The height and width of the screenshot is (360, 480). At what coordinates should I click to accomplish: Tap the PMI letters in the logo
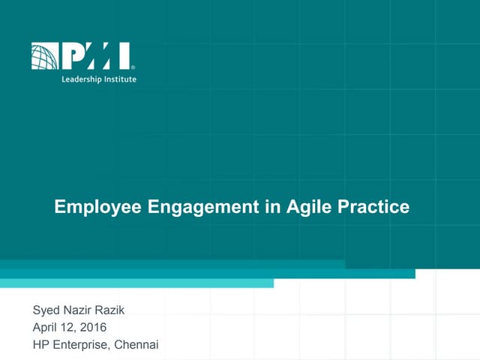95,56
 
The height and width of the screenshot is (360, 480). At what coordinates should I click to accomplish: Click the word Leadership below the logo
80,79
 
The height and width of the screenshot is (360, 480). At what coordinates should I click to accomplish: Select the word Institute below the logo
121,79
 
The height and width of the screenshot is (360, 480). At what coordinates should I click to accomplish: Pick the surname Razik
117,310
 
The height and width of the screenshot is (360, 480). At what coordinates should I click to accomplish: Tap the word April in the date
46,327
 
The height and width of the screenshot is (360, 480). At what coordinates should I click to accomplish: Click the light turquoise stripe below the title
135,283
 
